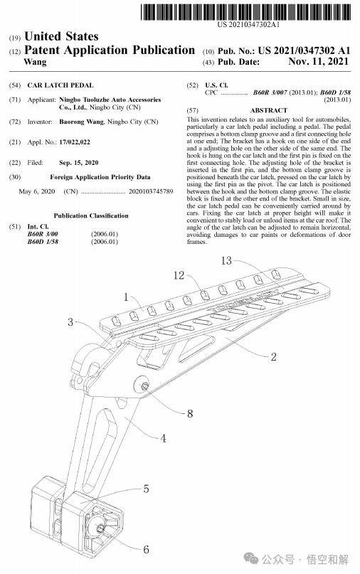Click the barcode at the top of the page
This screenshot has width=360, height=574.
click(245, 11)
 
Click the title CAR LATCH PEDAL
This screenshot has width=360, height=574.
click(60, 85)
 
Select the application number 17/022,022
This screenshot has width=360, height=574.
click(75, 142)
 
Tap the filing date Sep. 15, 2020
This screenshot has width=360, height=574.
click(79, 163)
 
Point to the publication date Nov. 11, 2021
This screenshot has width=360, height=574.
click(318, 61)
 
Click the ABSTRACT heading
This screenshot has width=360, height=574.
click(269, 110)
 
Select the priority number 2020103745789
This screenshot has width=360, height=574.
click(151, 191)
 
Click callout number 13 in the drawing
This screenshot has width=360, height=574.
click(226, 260)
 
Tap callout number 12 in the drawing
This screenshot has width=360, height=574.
click(179, 275)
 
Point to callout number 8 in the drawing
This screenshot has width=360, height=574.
click(190, 414)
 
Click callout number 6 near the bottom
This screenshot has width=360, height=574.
click(146, 549)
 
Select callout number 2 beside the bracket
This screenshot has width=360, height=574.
click(274, 357)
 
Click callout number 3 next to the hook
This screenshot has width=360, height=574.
click(70, 322)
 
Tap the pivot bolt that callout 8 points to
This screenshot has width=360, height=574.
click(144, 386)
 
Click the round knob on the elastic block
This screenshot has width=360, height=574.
click(99, 528)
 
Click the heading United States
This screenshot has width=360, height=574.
click(61, 36)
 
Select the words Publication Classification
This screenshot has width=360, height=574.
click(91, 216)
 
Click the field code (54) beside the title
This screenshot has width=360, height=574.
click(15, 85)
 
